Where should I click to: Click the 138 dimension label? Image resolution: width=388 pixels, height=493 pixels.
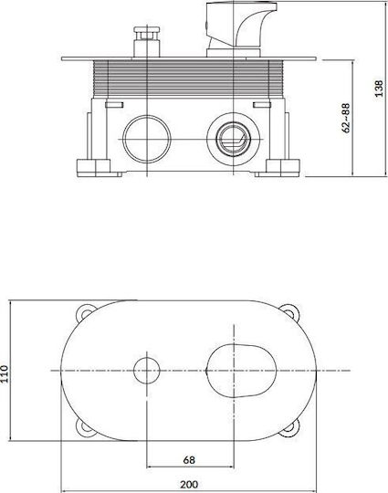coord(379,89)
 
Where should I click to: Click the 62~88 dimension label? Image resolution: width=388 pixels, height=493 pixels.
coord(346,117)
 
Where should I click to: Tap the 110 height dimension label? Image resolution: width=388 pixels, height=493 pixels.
coord(5,373)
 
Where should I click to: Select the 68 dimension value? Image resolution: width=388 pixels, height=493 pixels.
coord(189,460)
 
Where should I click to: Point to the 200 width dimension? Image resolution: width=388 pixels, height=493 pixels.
coord(189,484)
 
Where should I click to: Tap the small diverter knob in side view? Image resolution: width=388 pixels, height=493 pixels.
coord(147,42)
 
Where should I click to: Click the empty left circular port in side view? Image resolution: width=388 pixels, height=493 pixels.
coord(147,140)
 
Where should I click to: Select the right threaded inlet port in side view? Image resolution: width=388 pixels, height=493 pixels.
coord(234,140)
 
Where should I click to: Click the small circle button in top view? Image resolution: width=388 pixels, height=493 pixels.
coord(147,371)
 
